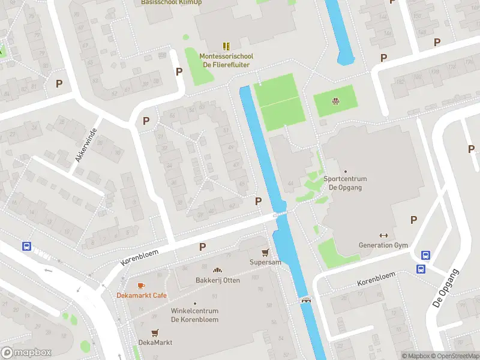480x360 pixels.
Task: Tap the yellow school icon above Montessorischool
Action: [x=226, y=46]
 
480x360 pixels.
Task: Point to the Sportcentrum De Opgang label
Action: [x=345, y=182]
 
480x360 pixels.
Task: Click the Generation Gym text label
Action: [x=383, y=245]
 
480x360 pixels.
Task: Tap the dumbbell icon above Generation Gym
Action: [x=383, y=235]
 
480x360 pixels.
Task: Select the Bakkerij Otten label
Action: [x=217, y=280]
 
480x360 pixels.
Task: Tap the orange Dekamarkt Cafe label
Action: [x=142, y=295]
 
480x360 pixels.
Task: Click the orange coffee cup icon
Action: [x=141, y=285]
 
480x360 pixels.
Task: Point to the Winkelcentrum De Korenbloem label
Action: [x=194, y=315]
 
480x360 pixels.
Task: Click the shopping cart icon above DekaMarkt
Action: [x=155, y=332]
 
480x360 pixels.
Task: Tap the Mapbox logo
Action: [x=26, y=353]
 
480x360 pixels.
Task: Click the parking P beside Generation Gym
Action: [x=413, y=220]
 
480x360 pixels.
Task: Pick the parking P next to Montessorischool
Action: [x=179, y=72]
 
